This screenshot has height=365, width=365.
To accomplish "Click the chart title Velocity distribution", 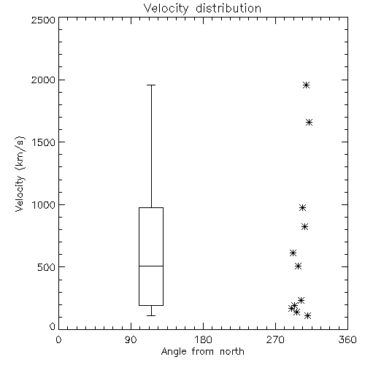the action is [202, 8].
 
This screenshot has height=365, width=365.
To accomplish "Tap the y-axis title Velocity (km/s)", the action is [20, 174].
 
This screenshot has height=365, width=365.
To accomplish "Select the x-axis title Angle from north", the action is [202, 352].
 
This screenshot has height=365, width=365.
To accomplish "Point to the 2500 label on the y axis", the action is [43, 20].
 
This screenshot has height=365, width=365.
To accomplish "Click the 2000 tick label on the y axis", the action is [43, 80].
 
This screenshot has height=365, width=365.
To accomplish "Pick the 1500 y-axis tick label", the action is [44, 142].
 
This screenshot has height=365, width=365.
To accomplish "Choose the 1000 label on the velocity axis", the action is [44, 204].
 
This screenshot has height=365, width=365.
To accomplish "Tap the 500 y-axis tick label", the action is [47, 267].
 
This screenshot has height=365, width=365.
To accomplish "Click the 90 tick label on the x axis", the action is [131, 339].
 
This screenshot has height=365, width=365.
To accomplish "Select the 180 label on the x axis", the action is [203, 339].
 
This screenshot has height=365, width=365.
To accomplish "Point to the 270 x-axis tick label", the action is [275, 339].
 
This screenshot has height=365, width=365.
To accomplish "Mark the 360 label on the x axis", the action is [347, 339].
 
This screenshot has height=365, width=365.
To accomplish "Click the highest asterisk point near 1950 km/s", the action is [306, 85].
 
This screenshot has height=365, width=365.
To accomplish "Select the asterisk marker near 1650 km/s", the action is [309, 122].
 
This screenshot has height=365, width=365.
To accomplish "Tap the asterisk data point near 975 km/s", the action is [302, 208].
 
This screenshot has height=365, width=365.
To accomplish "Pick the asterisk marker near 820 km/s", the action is [304, 227].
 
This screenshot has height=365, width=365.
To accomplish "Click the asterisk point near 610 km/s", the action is [293, 253].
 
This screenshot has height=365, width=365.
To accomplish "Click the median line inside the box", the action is [151, 266].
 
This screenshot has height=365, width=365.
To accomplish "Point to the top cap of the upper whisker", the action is [151, 85].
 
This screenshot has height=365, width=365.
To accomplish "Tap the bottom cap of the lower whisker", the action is [151, 315].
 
